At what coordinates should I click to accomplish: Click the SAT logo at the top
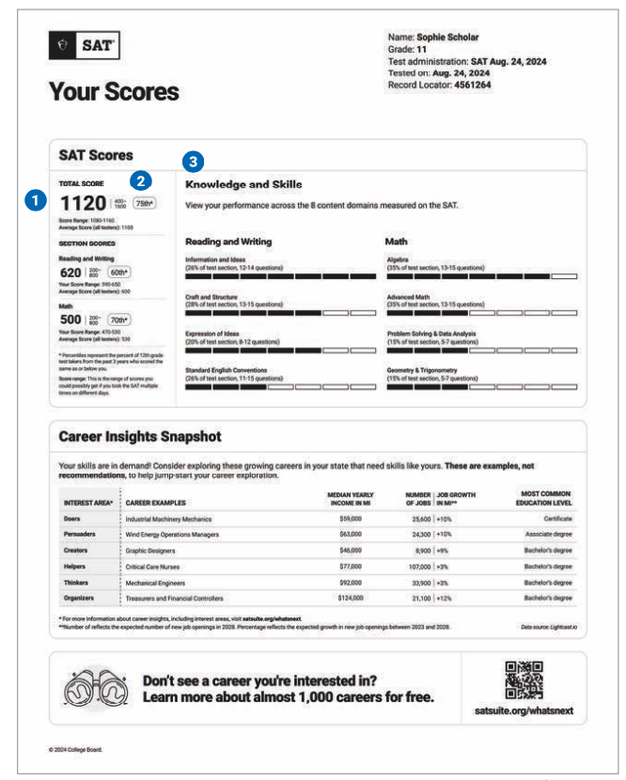pyautogui.click(x=85, y=43)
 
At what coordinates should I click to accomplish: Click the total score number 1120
pyautogui.click(x=85, y=202)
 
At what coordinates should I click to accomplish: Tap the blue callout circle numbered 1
pyautogui.click(x=36, y=199)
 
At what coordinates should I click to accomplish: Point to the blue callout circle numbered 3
pyautogui.click(x=194, y=161)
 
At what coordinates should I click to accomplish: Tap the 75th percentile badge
pyautogui.click(x=144, y=203)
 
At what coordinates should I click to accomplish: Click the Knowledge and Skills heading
pyautogui.click(x=243, y=184)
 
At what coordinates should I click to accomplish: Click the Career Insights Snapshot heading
pyautogui.click(x=139, y=437)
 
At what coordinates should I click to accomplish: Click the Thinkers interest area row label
pyautogui.click(x=77, y=583)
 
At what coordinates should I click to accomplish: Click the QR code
pyautogui.click(x=524, y=680)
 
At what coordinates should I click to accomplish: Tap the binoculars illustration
pyautogui.click(x=93, y=689)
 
